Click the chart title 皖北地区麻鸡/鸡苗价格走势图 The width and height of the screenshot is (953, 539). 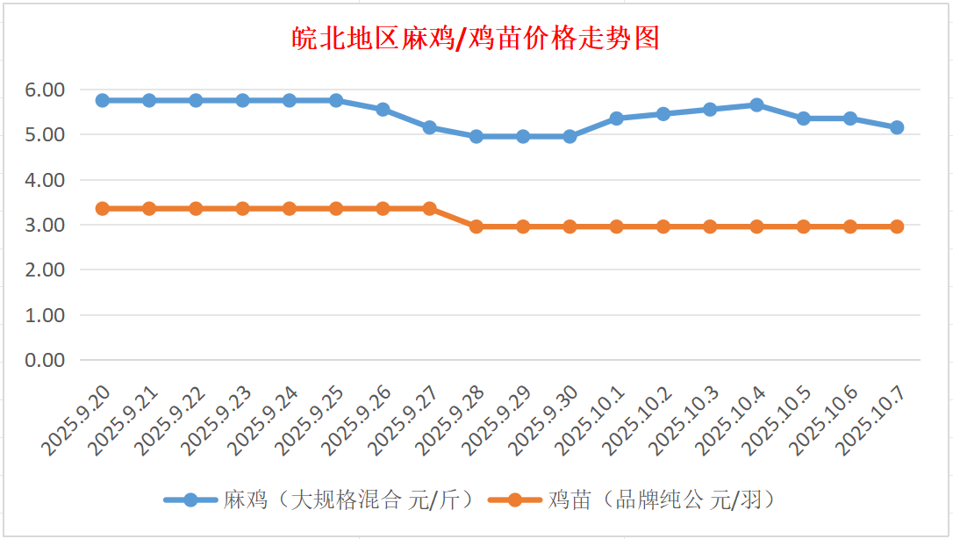coord(476,39)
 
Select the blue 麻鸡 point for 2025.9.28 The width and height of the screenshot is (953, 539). coord(476,136)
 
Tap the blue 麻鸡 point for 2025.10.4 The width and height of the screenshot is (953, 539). coord(756,104)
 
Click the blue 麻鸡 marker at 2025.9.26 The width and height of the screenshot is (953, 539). coord(383,109)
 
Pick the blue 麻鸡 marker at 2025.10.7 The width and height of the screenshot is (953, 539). coord(897,127)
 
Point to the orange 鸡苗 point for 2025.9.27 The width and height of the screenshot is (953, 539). coord(430,208)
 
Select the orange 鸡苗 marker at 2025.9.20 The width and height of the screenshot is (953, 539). coord(103,208)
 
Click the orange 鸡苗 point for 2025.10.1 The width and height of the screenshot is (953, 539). coord(617,226)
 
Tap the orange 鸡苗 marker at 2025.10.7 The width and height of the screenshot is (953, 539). coord(897,226)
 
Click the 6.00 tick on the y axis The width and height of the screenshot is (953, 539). coord(45,90)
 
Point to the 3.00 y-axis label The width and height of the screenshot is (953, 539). coord(45,225)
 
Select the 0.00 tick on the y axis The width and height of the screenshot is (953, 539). coord(45,360)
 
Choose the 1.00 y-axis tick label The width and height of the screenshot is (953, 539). coord(45,315)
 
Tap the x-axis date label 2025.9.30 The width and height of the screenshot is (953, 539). coord(546,419)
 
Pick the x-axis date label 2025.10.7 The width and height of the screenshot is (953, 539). coord(873,419)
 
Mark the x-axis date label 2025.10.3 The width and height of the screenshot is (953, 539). coord(684,419)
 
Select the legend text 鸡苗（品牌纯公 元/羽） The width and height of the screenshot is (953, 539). coord(663,500)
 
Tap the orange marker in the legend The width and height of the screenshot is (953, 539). coord(513,500)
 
